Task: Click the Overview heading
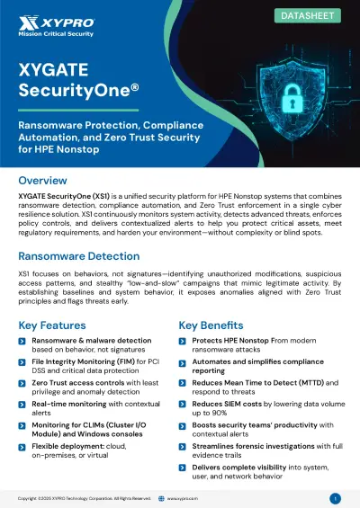[x=42, y=181]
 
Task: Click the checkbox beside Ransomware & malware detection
[x=22, y=342]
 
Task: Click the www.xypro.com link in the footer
[x=184, y=497]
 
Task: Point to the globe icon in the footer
[x=160, y=497]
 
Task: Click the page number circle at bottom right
[x=335, y=497]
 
